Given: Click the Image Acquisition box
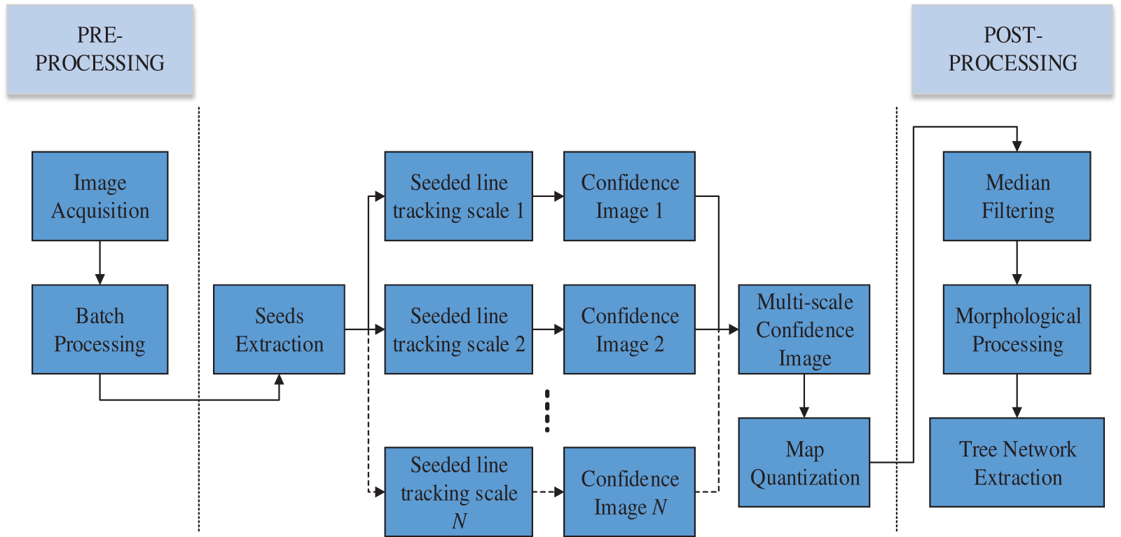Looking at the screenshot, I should click(x=99, y=196).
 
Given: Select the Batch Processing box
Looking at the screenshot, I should click(x=99, y=329).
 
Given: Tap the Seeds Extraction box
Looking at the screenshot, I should click(x=279, y=329).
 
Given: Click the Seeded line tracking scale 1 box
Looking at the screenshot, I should click(x=458, y=196).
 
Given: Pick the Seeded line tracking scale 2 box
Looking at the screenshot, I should click(x=458, y=329).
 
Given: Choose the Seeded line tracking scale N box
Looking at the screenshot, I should click(x=458, y=492).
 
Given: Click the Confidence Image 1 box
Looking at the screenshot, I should click(x=629, y=196).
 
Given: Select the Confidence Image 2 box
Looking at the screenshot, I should click(x=629, y=329).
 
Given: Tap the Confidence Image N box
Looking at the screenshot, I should click(x=629, y=492).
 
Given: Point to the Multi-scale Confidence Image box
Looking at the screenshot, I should click(x=804, y=329).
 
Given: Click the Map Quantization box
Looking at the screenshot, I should click(x=804, y=463).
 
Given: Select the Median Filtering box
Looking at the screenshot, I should click(x=1017, y=196).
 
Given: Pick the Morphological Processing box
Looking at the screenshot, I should click(x=1017, y=329).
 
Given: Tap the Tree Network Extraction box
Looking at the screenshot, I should click(x=1017, y=463).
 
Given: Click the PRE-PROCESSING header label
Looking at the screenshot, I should click(x=100, y=49).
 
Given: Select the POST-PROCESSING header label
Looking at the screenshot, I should click(x=1012, y=49).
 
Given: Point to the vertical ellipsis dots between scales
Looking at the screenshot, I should click(x=547, y=411).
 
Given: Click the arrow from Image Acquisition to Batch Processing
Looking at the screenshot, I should click(x=99, y=263).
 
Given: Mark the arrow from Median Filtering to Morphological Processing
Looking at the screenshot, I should click(x=1017, y=263).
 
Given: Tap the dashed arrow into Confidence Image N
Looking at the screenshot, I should click(x=548, y=492).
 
